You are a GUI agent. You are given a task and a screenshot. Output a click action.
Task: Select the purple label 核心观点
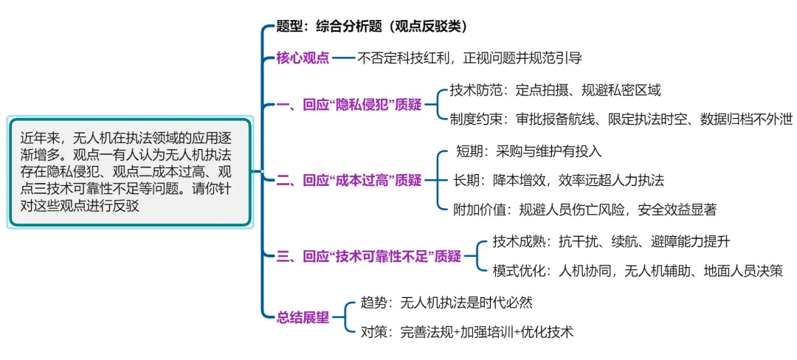tap(303, 58)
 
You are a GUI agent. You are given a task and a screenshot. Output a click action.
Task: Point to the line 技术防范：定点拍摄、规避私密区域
tap(555, 91)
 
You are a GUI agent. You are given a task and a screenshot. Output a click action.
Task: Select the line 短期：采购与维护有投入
tap(529, 151)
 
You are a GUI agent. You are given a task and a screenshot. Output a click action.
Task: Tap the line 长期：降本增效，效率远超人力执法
tap(559, 180)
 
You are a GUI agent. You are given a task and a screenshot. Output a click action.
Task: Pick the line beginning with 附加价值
tap(585, 209)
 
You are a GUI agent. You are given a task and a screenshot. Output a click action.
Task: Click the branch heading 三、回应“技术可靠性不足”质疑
tap(369, 256)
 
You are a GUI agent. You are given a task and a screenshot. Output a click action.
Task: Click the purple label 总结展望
tap(303, 317)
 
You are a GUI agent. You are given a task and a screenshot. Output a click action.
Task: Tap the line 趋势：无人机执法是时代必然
tap(446, 302)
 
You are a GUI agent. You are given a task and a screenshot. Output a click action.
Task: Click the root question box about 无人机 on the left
tap(131, 171)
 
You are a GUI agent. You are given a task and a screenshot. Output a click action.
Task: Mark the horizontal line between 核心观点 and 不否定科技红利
tap(344, 58)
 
